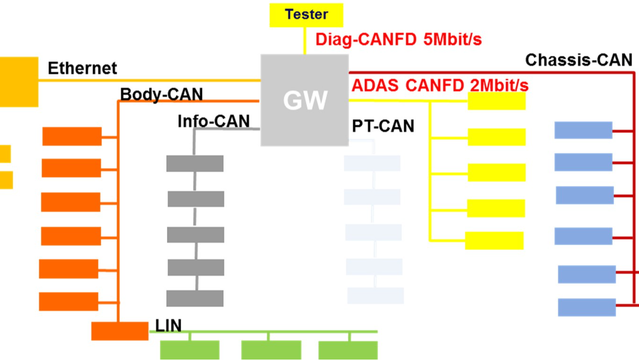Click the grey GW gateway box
(305, 100)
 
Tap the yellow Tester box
(306, 15)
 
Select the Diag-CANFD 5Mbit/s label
(398, 40)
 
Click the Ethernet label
(83, 68)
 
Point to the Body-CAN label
(161, 95)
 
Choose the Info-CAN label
(213, 122)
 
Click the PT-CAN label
(383, 126)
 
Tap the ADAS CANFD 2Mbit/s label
(440, 85)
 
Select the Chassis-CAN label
(579, 60)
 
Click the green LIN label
(168, 325)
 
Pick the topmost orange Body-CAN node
(72, 136)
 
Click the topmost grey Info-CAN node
(195, 163)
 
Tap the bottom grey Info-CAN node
(195, 298)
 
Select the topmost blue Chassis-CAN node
(583, 130)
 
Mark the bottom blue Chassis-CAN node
(587, 307)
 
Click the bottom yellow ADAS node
(494, 241)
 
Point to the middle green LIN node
(271, 350)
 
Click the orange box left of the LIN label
(119, 331)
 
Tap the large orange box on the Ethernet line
(18, 82)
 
